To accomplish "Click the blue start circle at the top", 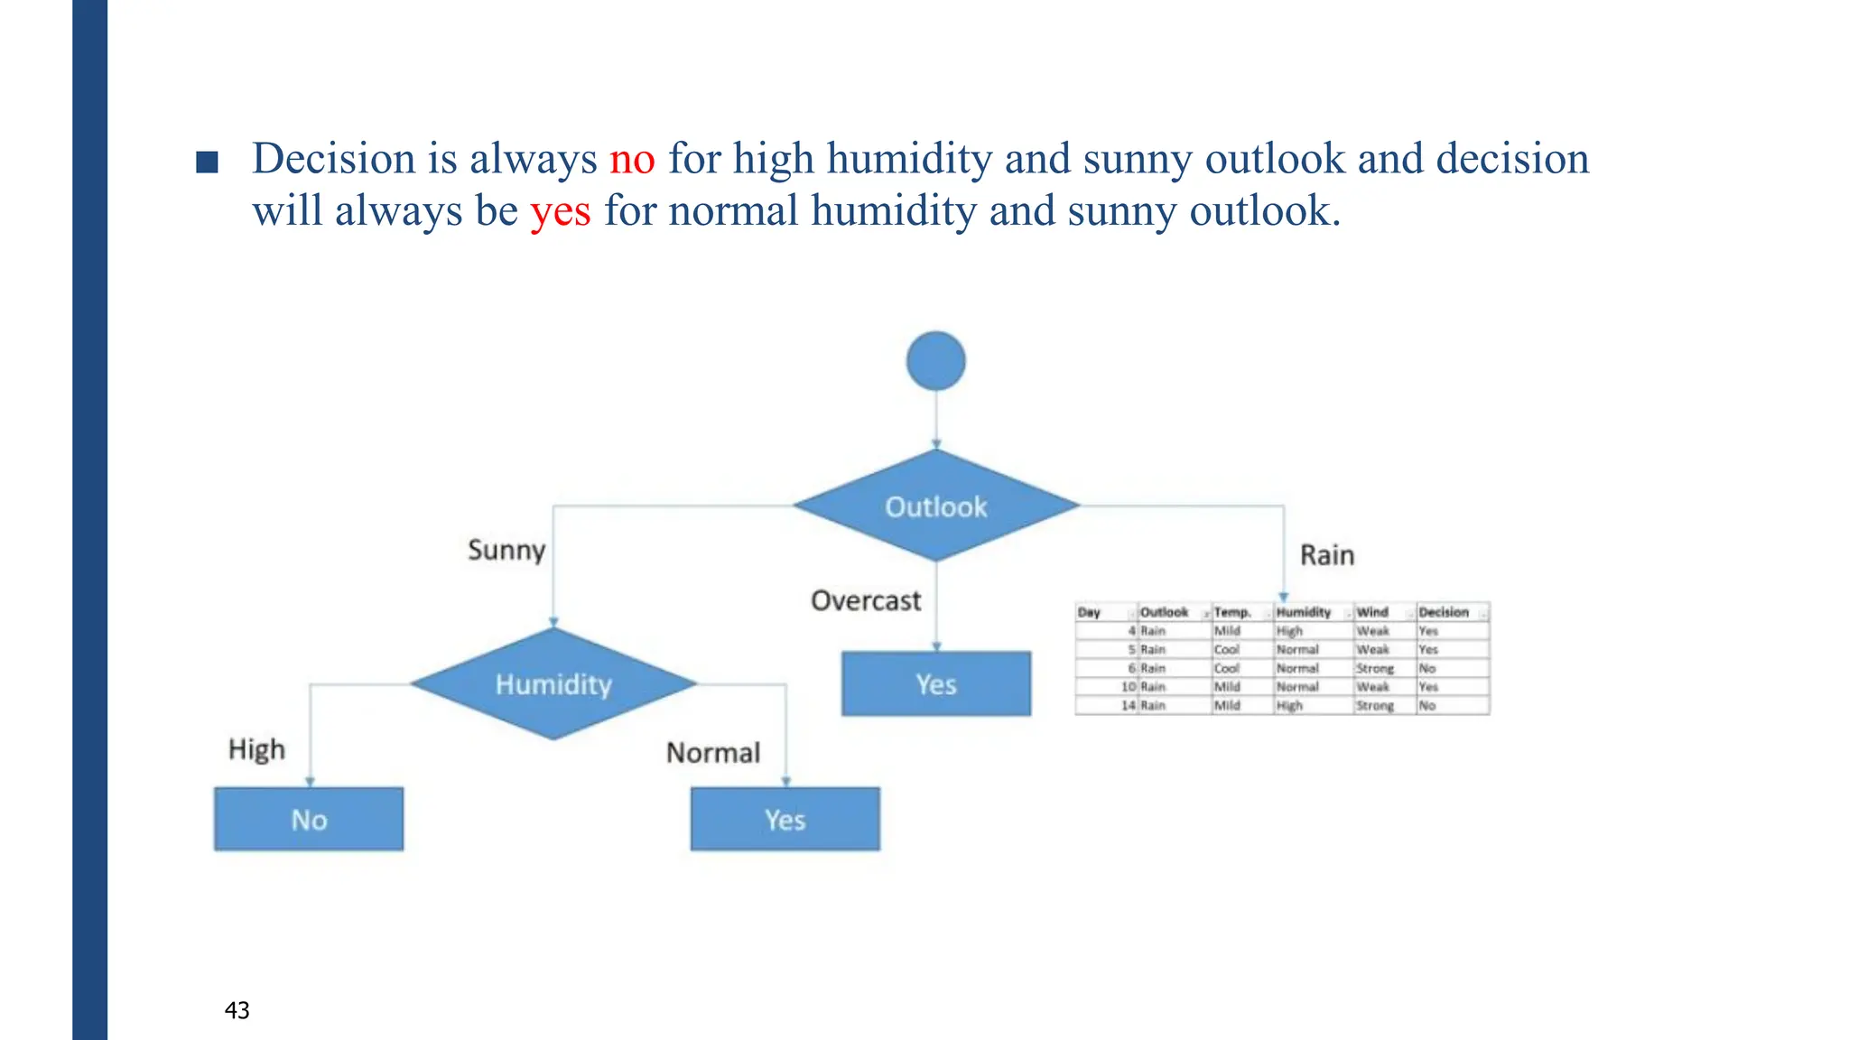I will click(936, 361).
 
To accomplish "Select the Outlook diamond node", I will click(936, 506).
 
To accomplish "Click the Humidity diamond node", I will click(553, 684).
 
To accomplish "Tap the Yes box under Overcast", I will click(936, 684).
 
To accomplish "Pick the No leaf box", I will click(309, 820).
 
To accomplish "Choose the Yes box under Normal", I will click(785, 820).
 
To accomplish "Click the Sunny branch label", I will click(506, 550).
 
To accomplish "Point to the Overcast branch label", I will click(865, 600).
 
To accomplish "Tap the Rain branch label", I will click(1326, 554).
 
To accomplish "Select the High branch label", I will click(256, 749).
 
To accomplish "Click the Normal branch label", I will click(713, 752).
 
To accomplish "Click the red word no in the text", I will click(632, 159).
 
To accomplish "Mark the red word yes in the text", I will click(561, 211).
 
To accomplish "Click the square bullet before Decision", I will click(208, 162).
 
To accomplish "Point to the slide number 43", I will click(237, 1010).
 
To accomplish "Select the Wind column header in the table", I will click(1372, 612).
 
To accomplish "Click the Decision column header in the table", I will click(1444, 612).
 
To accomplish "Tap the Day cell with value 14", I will click(1128, 705).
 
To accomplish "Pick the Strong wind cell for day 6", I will click(1375, 668).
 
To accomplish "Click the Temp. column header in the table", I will click(1231, 612).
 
